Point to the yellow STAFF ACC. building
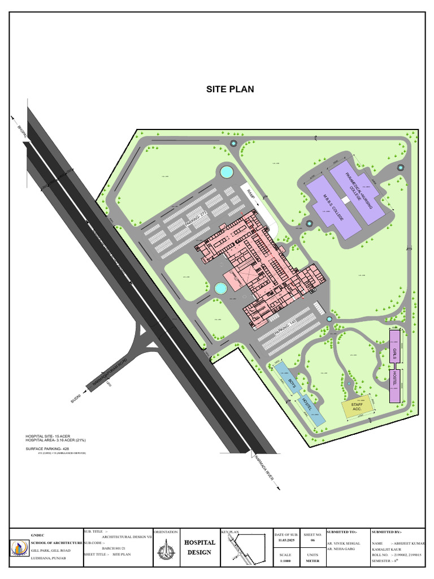click(x=357, y=407)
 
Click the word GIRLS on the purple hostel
click(x=394, y=355)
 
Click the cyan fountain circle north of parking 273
click(x=226, y=171)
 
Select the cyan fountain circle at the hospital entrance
click(x=220, y=288)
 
